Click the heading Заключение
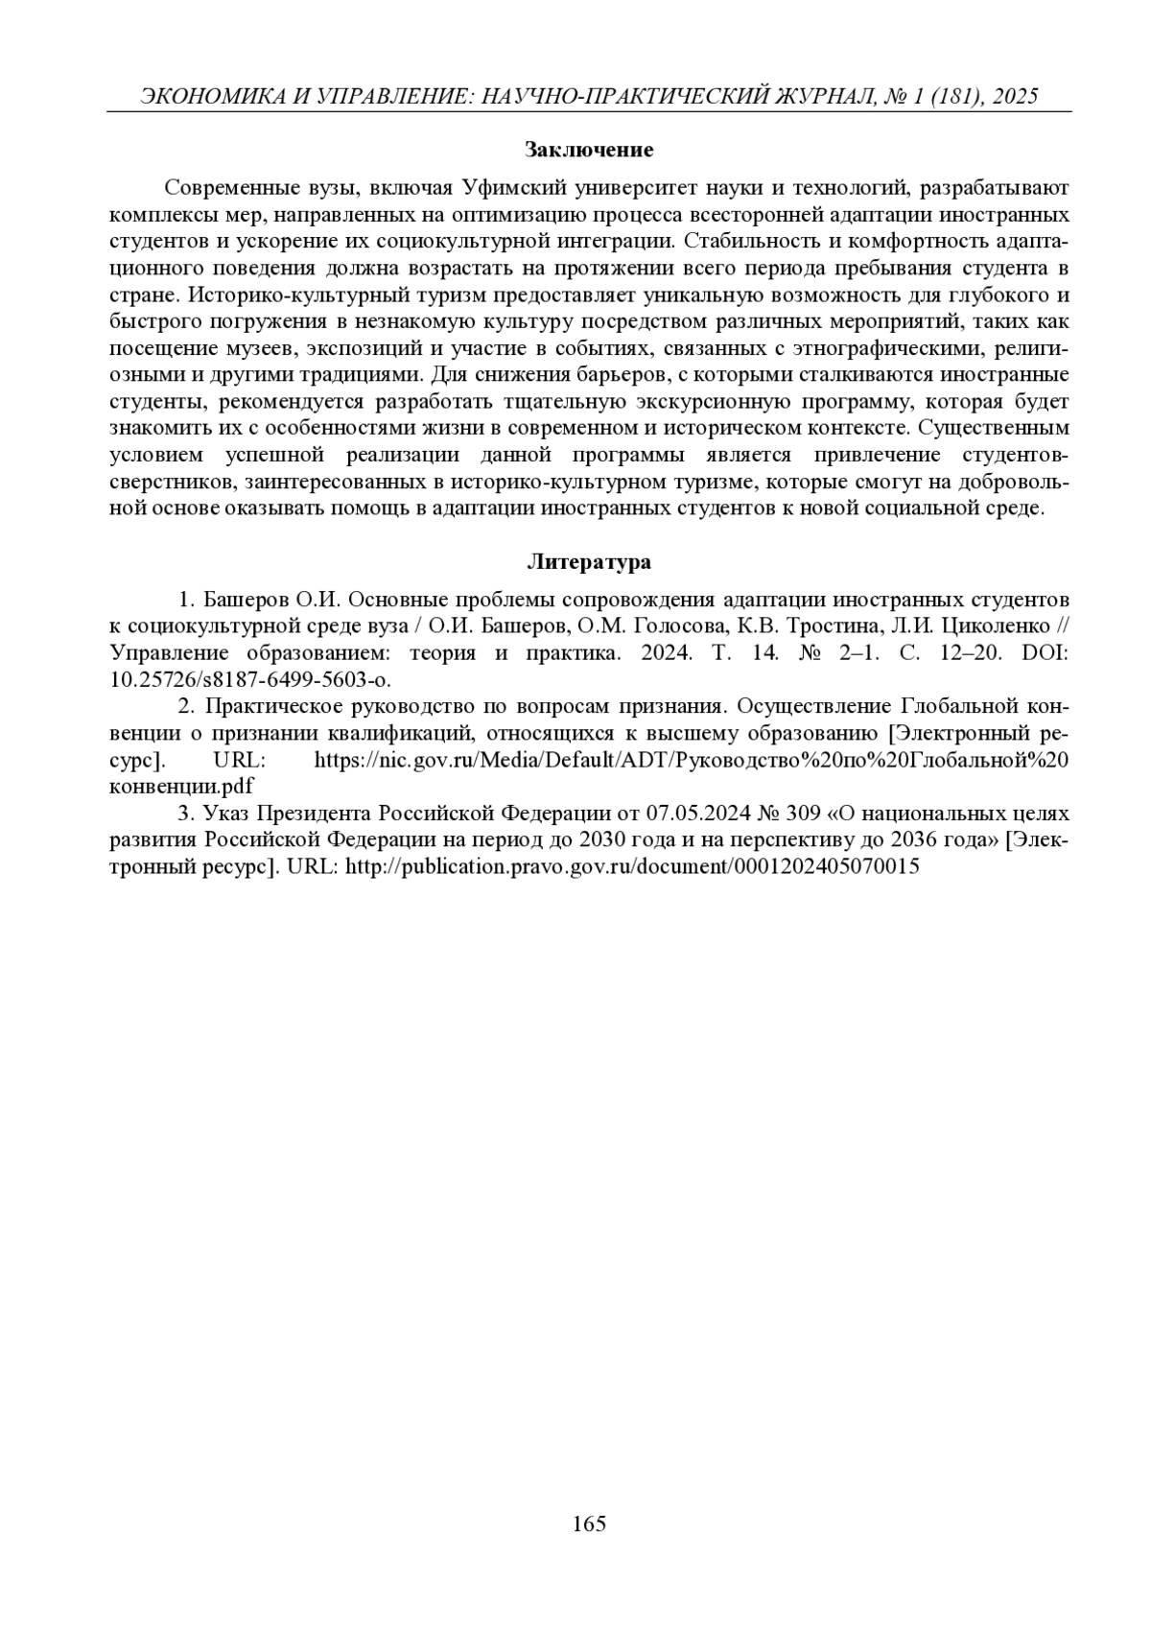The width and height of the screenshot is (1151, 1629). coord(589,150)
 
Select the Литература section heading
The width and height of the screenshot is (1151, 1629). coord(589,562)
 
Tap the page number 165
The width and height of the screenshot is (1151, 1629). coord(589,1523)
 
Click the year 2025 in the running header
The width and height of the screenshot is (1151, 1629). coord(1016,97)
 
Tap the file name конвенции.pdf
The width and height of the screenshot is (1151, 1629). coord(182,787)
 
